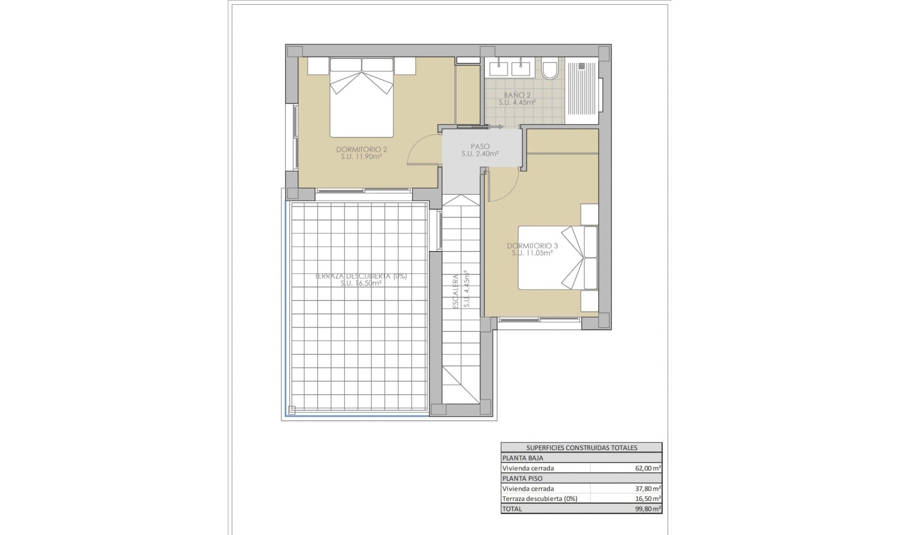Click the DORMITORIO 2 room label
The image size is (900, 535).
(361, 150)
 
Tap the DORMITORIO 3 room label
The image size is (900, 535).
(532, 245)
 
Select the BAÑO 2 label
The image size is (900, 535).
(517, 95)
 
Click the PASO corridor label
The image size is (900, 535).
(480, 146)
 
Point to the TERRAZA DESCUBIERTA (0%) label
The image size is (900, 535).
(361, 276)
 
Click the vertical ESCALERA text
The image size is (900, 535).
(456, 291)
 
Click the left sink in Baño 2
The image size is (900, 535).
(499, 69)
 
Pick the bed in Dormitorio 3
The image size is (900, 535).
(557, 258)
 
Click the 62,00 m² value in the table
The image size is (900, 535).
(648, 468)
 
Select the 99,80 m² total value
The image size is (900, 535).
(648, 509)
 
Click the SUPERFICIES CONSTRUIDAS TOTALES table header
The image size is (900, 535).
(581, 448)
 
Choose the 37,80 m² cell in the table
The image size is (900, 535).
(648, 489)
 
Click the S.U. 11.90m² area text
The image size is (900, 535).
(361, 157)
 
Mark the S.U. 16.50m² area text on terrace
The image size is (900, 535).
(361, 283)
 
